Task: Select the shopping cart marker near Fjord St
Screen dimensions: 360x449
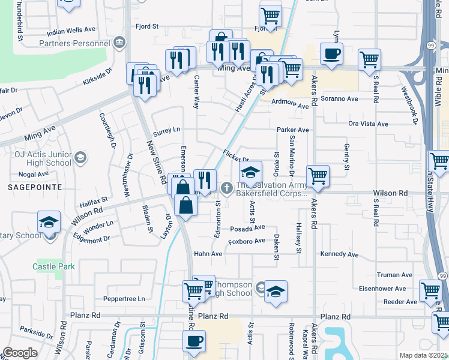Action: coord(271,16)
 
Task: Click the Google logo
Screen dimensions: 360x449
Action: coord(20,353)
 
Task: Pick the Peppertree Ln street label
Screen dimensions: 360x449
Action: coord(124,298)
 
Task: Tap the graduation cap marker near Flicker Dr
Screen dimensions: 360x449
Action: coord(251,173)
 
